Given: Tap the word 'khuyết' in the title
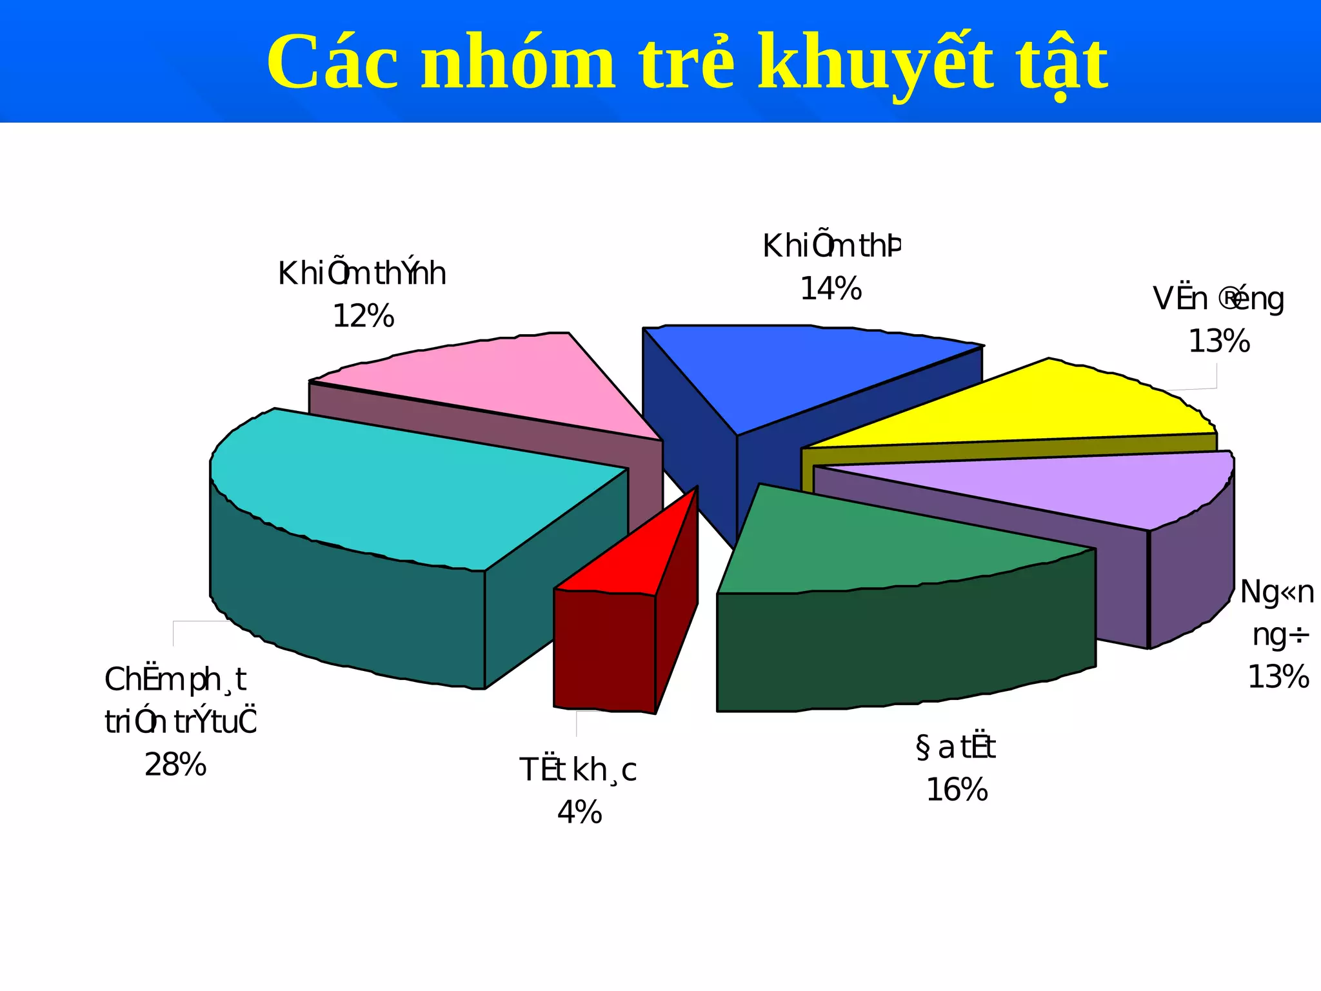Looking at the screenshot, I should click(874, 63).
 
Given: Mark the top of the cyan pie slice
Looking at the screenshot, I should click(400, 490).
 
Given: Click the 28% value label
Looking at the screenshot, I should click(175, 765).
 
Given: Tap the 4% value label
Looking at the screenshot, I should click(579, 812).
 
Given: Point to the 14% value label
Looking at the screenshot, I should click(831, 289).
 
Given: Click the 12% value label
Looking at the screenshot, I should click(363, 317).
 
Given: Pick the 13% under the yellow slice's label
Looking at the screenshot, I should click(1219, 341).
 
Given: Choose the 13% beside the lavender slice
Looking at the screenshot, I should click(1278, 677).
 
